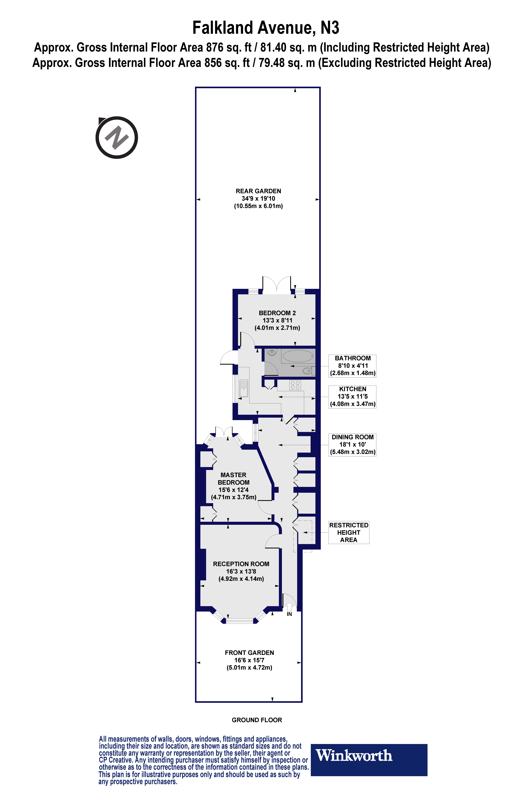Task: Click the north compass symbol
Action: (117, 138)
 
